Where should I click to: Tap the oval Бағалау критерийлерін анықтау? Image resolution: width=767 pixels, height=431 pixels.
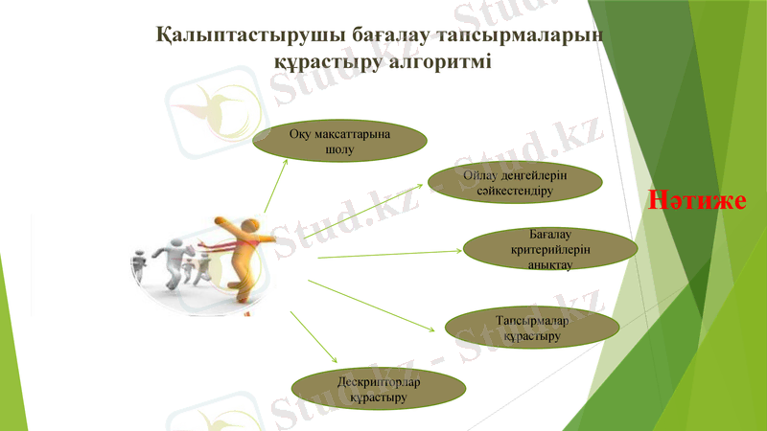tap(550, 250)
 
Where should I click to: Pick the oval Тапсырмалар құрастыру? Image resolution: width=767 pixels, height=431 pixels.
tap(533, 329)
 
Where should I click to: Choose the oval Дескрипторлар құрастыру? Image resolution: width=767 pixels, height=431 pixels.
tap(380, 390)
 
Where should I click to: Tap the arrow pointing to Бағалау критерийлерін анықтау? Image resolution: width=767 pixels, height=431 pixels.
tap(388, 254)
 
